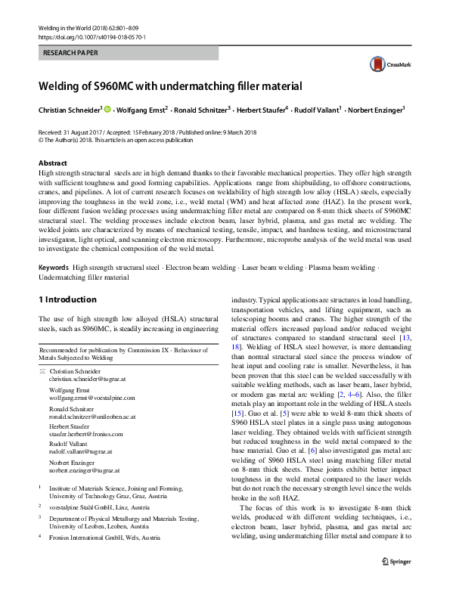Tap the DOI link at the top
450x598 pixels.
tap(92, 36)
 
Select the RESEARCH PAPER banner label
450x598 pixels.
tap(71, 54)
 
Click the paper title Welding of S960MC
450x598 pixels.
tap(170, 86)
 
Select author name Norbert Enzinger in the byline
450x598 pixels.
tap(374, 110)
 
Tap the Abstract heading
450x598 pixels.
tap(53, 163)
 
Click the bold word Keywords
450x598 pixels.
tap(54, 268)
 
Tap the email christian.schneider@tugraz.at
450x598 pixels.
tap(92, 380)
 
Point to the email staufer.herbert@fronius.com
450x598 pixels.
tap(87, 434)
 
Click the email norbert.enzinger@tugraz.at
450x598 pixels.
tap(86, 470)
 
